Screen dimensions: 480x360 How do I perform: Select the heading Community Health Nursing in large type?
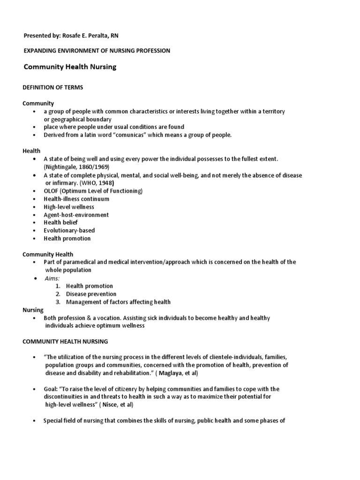(70, 67)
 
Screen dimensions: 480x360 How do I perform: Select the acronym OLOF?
(52, 191)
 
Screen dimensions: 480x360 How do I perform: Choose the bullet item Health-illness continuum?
(76, 199)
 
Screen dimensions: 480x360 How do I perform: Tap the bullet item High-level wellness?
(69, 207)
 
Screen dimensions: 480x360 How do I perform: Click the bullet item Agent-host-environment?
(76, 215)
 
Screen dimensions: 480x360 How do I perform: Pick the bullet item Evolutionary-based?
(69, 230)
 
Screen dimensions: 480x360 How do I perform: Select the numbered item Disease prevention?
(91, 294)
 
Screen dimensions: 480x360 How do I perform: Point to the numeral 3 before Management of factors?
(57, 302)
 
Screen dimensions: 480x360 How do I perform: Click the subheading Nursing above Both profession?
(33, 310)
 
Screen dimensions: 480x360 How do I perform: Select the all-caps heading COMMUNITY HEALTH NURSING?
(66, 342)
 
